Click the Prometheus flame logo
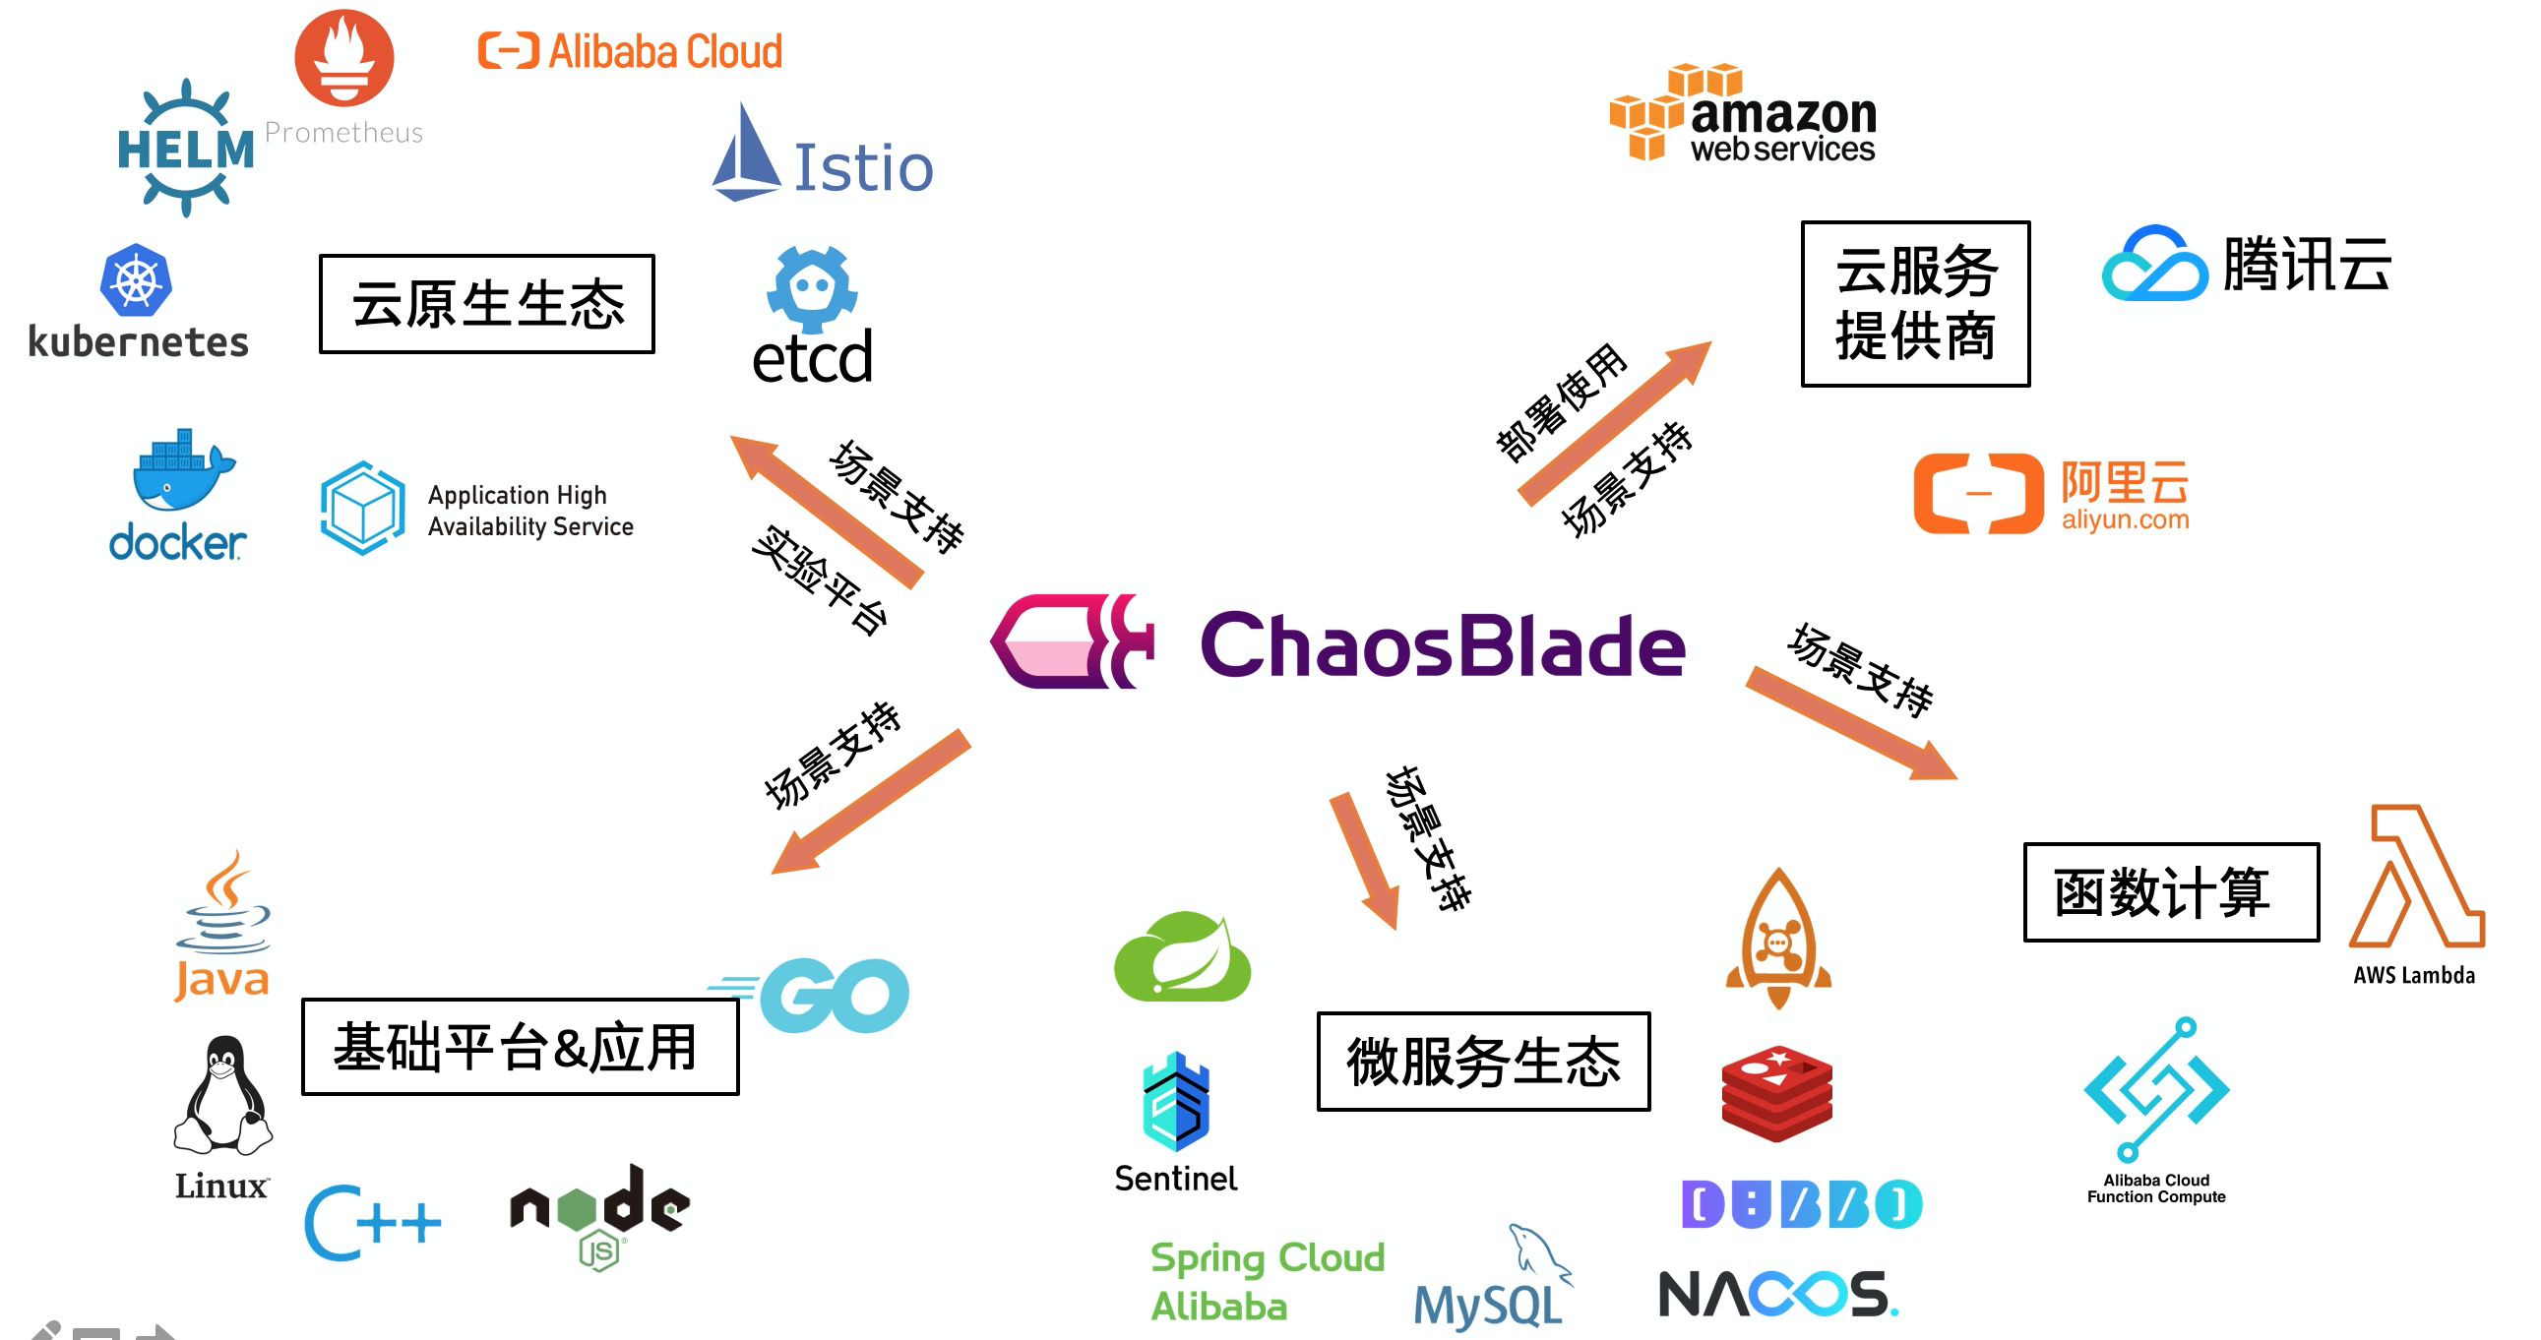click(x=344, y=57)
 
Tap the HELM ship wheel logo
click(x=185, y=148)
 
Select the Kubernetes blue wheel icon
click(x=136, y=280)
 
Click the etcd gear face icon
click(x=812, y=288)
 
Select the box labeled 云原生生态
click(x=486, y=304)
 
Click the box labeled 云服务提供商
click(x=1915, y=304)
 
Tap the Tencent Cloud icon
click(x=2154, y=265)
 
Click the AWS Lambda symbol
click(x=2416, y=878)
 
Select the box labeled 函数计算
click(x=2170, y=892)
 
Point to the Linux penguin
click(x=223, y=1096)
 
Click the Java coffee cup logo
click(x=224, y=905)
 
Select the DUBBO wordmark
click(x=1801, y=1204)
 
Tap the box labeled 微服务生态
click(x=1483, y=1062)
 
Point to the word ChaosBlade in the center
click(x=1442, y=645)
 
